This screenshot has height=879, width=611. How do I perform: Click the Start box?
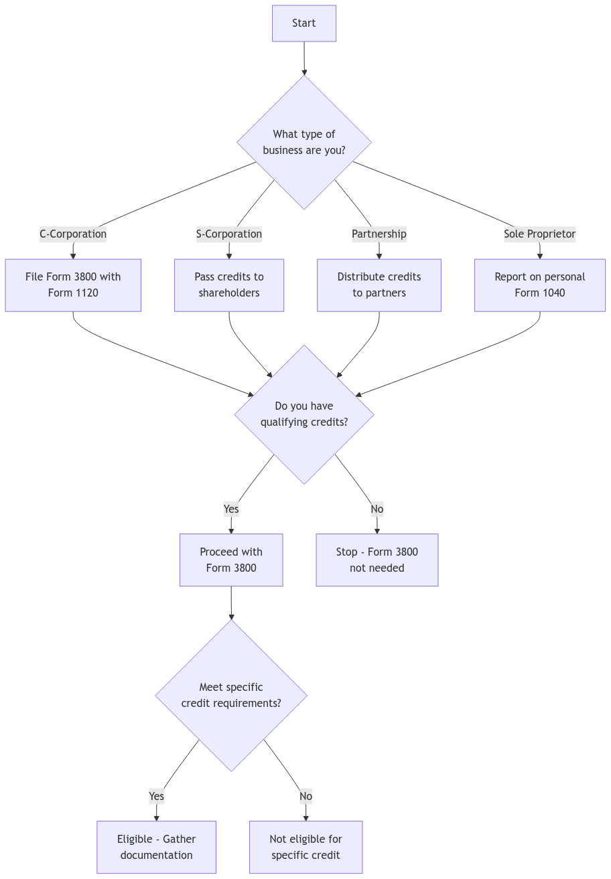pyautogui.click(x=303, y=23)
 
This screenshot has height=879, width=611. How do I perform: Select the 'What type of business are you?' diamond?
pyautogui.click(x=303, y=143)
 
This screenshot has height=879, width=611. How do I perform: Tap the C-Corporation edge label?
pyautogui.click(x=73, y=234)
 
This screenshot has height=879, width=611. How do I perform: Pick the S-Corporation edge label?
pyautogui.click(x=228, y=234)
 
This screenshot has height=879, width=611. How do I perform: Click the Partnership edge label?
pyautogui.click(x=379, y=234)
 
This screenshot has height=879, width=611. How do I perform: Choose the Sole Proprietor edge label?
pyautogui.click(x=539, y=234)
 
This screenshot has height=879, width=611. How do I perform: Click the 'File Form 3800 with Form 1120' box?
pyautogui.click(x=73, y=285)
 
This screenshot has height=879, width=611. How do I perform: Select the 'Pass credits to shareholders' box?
pyautogui.click(x=228, y=285)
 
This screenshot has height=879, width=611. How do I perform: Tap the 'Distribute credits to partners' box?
pyautogui.click(x=379, y=285)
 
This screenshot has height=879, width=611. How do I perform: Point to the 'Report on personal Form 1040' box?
pyautogui.click(x=539, y=285)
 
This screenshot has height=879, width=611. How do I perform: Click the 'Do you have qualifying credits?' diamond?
pyautogui.click(x=303, y=414)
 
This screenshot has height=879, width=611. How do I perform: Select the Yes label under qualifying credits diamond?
pyautogui.click(x=231, y=509)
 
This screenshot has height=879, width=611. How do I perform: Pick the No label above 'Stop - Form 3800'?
pyautogui.click(x=377, y=509)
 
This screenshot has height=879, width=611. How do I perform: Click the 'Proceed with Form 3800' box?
pyautogui.click(x=231, y=560)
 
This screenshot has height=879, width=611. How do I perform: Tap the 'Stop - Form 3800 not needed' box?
pyautogui.click(x=377, y=560)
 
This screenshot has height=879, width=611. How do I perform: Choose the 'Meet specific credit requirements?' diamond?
pyautogui.click(x=231, y=696)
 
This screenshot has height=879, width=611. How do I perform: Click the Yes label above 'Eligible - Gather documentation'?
pyautogui.click(x=156, y=796)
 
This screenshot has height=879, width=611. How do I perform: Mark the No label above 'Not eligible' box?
pyautogui.click(x=305, y=796)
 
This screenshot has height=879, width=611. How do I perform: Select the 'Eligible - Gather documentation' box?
pyautogui.click(x=156, y=848)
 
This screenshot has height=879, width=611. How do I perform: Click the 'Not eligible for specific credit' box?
pyautogui.click(x=305, y=848)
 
